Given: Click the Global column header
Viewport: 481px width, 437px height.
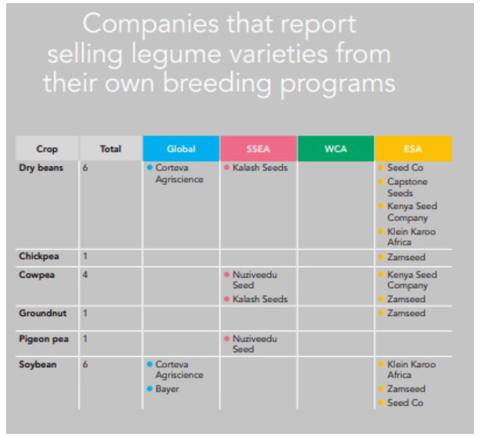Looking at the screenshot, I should (x=181, y=148).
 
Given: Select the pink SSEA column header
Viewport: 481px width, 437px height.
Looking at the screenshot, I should (x=258, y=148).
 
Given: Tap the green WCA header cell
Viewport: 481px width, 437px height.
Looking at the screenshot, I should (x=335, y=148).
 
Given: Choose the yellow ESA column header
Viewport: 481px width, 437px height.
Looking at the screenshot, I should (x=413, y=148).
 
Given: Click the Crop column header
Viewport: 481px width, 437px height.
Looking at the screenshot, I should (x=47, y=148).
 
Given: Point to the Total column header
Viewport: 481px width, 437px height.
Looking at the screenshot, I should (x=110, y=148).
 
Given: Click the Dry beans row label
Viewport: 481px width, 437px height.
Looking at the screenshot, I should (x=42, y=167).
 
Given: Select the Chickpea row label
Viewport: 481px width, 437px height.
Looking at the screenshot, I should (x=39, y=255).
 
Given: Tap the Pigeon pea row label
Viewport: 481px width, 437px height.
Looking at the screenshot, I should (x=43, y=339).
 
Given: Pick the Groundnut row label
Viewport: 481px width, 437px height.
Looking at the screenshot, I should (x=42, y=313).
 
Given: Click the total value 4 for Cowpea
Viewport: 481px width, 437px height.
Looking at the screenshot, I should (x=85, y=275).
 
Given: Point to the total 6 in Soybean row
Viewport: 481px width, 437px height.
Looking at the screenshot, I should (x=85, y=364).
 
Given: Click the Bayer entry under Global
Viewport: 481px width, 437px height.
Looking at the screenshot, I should (x=167, y=389).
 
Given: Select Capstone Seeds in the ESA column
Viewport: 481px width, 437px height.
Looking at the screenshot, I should (x=407, y=187).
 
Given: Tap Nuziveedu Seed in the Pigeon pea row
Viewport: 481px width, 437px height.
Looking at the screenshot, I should (x=254, y=344).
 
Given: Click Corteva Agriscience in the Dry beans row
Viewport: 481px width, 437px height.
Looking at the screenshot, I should (x=178, y=173).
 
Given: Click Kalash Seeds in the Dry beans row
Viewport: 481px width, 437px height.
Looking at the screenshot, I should (x=260, y=168).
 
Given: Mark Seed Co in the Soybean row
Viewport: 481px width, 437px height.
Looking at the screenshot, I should (x=404, y=403).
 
